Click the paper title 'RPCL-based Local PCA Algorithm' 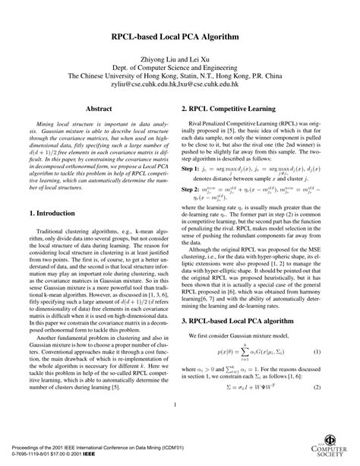(179, 36)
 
